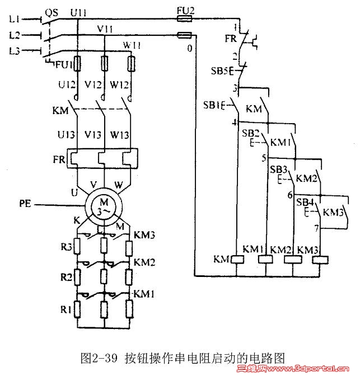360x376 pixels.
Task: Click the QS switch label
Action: [52, 11]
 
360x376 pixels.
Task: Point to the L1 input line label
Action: [15, 20]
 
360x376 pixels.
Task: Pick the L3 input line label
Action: [15, 51]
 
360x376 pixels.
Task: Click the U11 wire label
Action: [78, 11]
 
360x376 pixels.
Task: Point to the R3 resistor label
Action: [67, 246]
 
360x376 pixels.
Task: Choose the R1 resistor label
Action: [67, 308]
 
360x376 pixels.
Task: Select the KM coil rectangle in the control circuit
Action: [236, 259]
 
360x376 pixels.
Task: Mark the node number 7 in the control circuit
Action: [316, 229]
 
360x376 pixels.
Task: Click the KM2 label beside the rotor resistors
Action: [144, 262]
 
